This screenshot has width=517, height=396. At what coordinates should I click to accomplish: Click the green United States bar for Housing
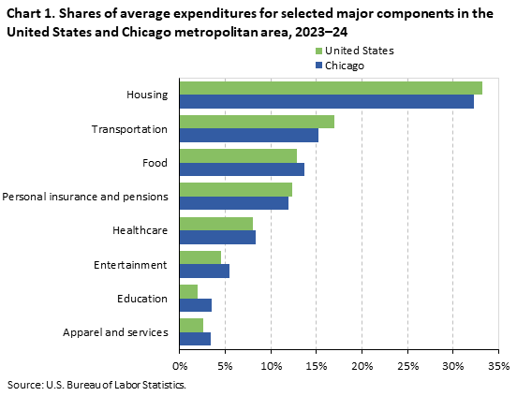331,88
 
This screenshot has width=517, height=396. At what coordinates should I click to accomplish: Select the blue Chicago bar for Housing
326,101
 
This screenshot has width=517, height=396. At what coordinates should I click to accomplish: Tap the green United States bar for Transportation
257,122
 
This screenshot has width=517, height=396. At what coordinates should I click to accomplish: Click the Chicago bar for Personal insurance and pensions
233,203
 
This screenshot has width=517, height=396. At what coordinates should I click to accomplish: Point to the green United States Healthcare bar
215,224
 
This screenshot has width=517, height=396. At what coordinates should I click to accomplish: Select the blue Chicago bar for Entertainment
204,271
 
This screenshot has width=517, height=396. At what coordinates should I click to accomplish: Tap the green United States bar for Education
188,291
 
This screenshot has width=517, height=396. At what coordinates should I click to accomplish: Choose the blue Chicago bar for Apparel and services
195,339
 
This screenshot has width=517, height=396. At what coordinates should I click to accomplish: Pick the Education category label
142,299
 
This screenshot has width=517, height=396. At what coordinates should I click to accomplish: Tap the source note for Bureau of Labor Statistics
96,384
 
